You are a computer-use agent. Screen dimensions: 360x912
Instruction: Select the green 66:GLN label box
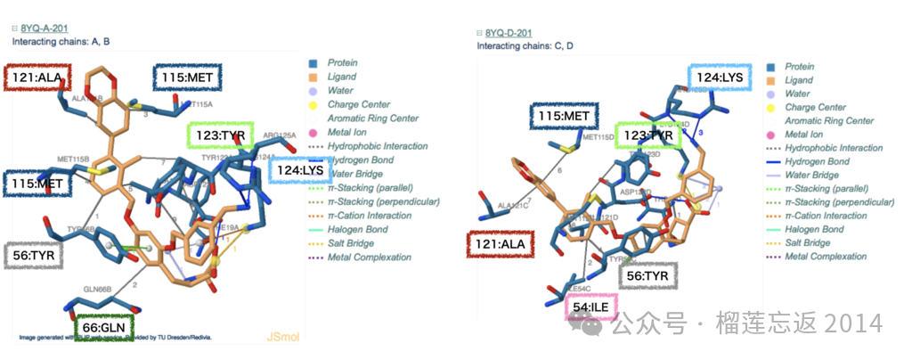[104, 328]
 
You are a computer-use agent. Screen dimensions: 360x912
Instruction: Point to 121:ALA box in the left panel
[34, 78]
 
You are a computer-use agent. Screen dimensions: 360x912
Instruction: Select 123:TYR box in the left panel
[221, 136]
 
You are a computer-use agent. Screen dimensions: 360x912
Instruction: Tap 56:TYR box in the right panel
[648, 275]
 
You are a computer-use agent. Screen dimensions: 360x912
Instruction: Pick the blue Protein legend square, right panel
[774, 67]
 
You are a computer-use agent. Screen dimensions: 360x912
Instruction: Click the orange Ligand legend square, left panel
[313, 78]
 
